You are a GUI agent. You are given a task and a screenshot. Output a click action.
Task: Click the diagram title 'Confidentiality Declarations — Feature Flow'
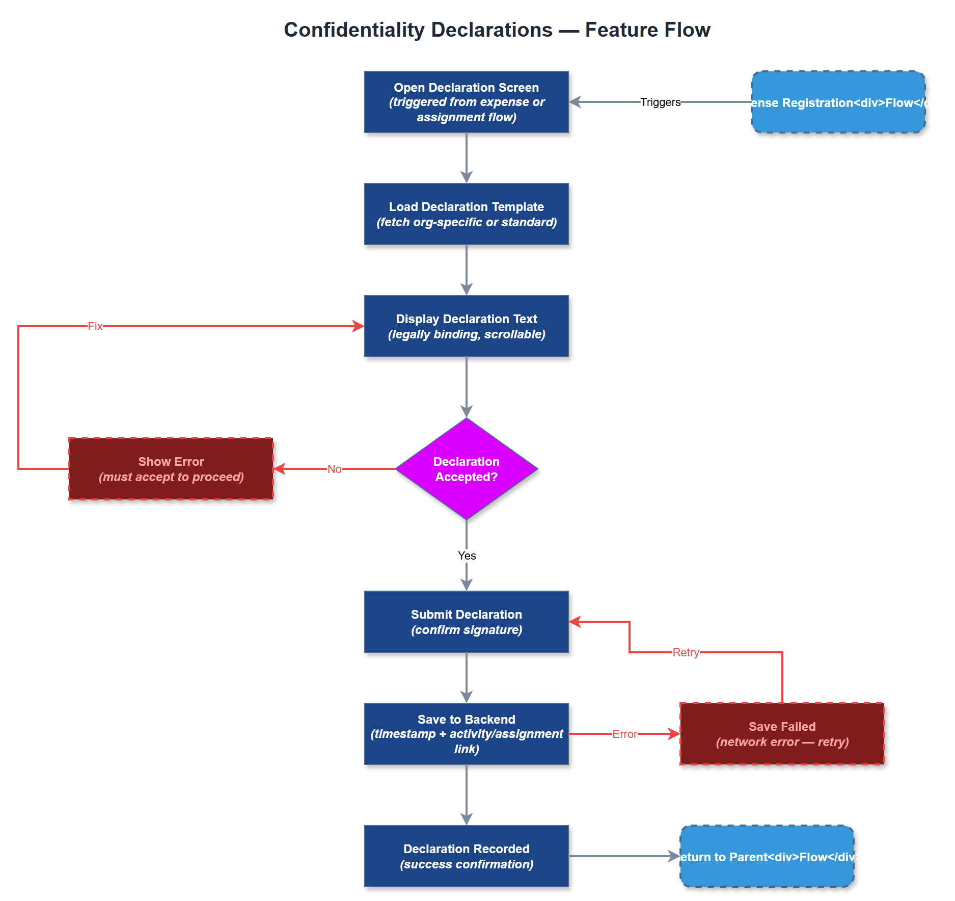coord(497,30)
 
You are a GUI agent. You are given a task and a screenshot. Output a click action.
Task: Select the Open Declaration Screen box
coord(466,102)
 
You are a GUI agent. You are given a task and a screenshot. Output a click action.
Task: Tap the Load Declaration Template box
coord(466,214)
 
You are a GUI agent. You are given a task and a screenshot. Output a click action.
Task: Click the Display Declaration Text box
coord(466,326)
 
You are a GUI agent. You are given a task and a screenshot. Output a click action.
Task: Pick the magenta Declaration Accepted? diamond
coord(466,469)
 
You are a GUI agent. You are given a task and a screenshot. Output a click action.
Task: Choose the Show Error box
coord(171,469)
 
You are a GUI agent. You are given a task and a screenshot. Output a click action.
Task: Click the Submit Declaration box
coord(466,622)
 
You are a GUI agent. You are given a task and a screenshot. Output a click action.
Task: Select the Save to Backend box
coord(466,734)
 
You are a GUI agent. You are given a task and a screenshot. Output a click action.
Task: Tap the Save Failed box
coord(782,734)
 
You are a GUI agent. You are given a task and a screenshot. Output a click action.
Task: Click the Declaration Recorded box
coord(466,856)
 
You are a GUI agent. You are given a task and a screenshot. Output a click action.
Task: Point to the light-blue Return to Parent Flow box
coord(767,856)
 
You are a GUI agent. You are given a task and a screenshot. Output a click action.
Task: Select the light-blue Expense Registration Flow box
coord(838,102)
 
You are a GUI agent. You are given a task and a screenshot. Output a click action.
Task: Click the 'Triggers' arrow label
coord(660,102)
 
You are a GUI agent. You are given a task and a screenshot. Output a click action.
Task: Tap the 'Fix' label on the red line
coord(95,326)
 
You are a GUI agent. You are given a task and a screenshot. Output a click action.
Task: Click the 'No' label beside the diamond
coord(334,469)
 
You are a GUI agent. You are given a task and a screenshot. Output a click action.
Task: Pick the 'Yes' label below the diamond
coord(467,555)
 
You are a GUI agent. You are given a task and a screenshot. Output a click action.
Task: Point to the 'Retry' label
coord(686,652)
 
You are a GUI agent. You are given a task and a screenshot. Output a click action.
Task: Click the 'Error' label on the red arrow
coord(624,734)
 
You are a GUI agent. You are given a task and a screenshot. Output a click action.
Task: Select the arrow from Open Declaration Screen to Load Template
coord(467,158)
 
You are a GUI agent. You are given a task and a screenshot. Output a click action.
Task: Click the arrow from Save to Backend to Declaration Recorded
coord(467,795)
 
